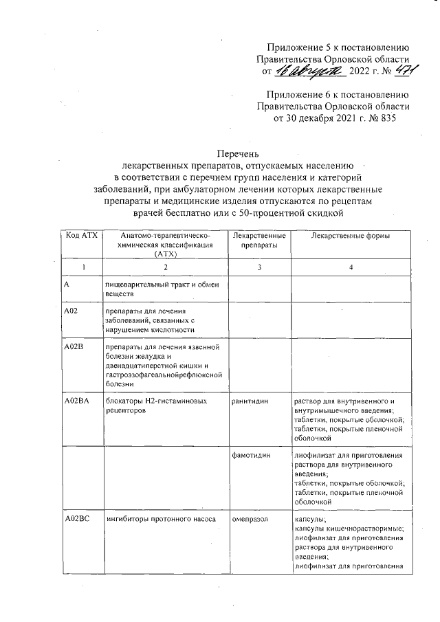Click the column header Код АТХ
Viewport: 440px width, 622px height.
(x=81, y=236)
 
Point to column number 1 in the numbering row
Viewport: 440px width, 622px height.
(x=81, y=267)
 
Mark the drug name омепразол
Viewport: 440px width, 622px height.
(x=250, y=520)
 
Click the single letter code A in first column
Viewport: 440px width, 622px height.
(x=65, y=284)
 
